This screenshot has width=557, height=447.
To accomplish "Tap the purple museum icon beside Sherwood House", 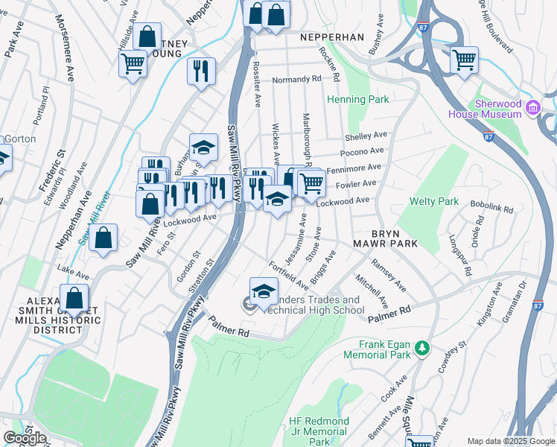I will point(532,109).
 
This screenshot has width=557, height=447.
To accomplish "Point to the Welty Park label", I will point(434,201).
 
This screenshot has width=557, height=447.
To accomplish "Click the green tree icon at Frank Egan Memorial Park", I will point(421,348).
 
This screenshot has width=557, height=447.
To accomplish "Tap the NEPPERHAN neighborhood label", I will point(331,37).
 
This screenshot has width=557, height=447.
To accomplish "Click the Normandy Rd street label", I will point(296,78).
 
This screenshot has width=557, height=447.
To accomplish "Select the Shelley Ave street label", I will point(366,136).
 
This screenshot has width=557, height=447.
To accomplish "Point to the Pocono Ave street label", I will point(363,152).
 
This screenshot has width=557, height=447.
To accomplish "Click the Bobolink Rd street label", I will point(491,206).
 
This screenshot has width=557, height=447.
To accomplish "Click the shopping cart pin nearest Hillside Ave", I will point(133,63).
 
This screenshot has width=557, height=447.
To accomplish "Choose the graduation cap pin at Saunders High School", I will point(264,291).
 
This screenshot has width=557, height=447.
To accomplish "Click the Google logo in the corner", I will point(25,438).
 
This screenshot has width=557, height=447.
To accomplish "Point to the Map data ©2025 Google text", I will point(510,440).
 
